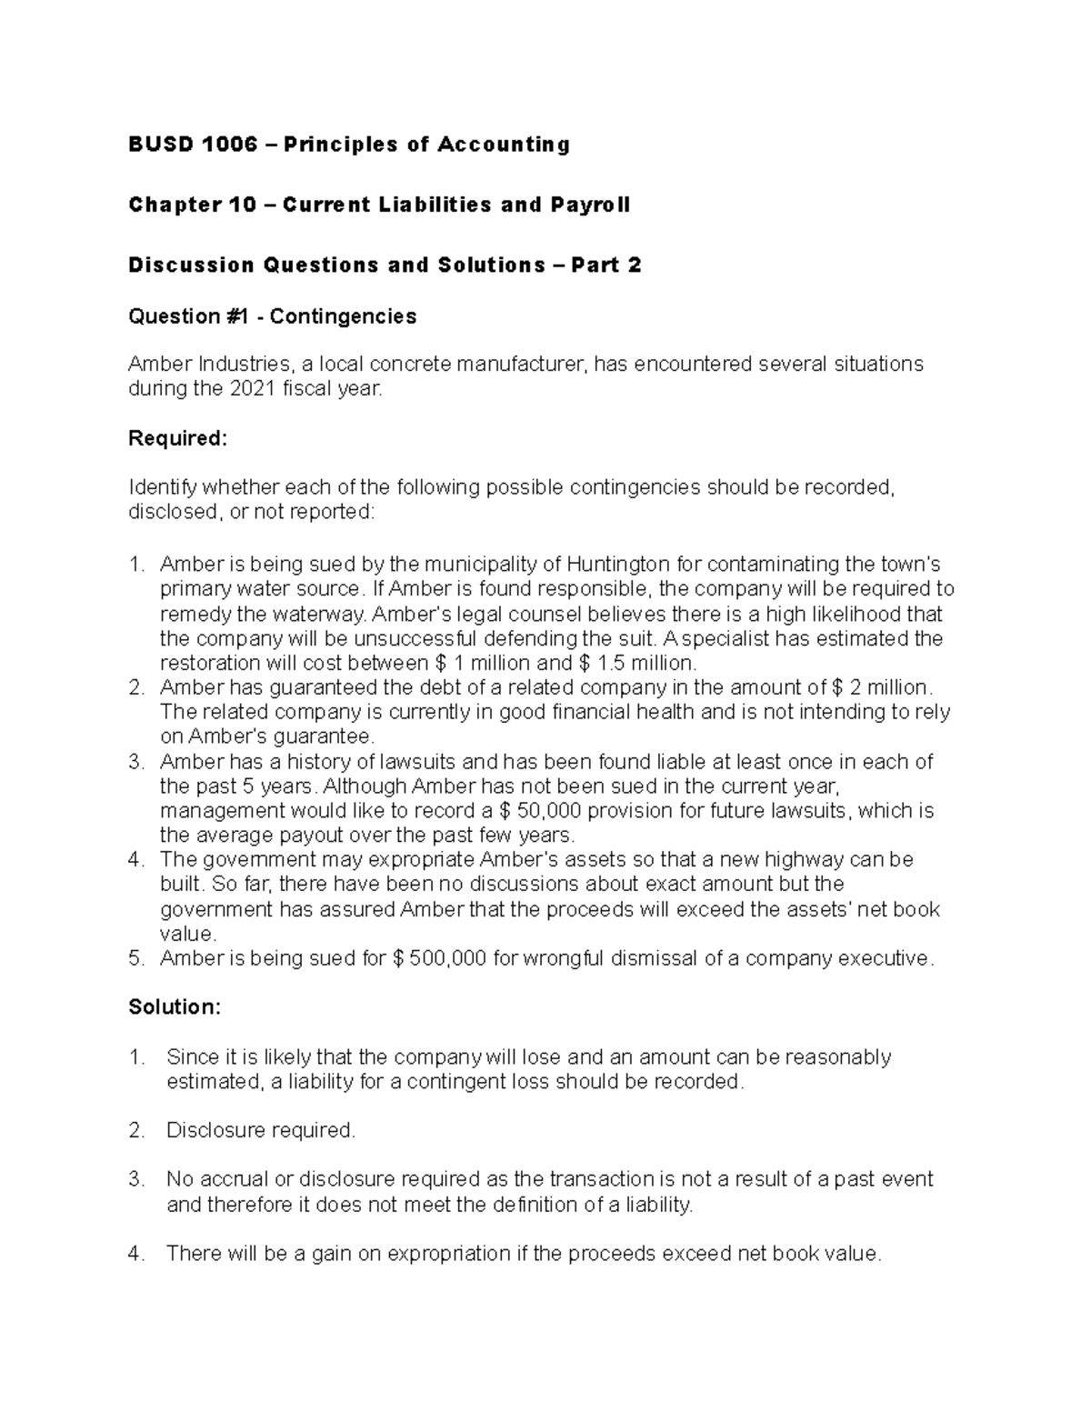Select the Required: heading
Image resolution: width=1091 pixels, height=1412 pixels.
tap(177, 438)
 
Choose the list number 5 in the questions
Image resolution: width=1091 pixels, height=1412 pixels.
tap(135, 958)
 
